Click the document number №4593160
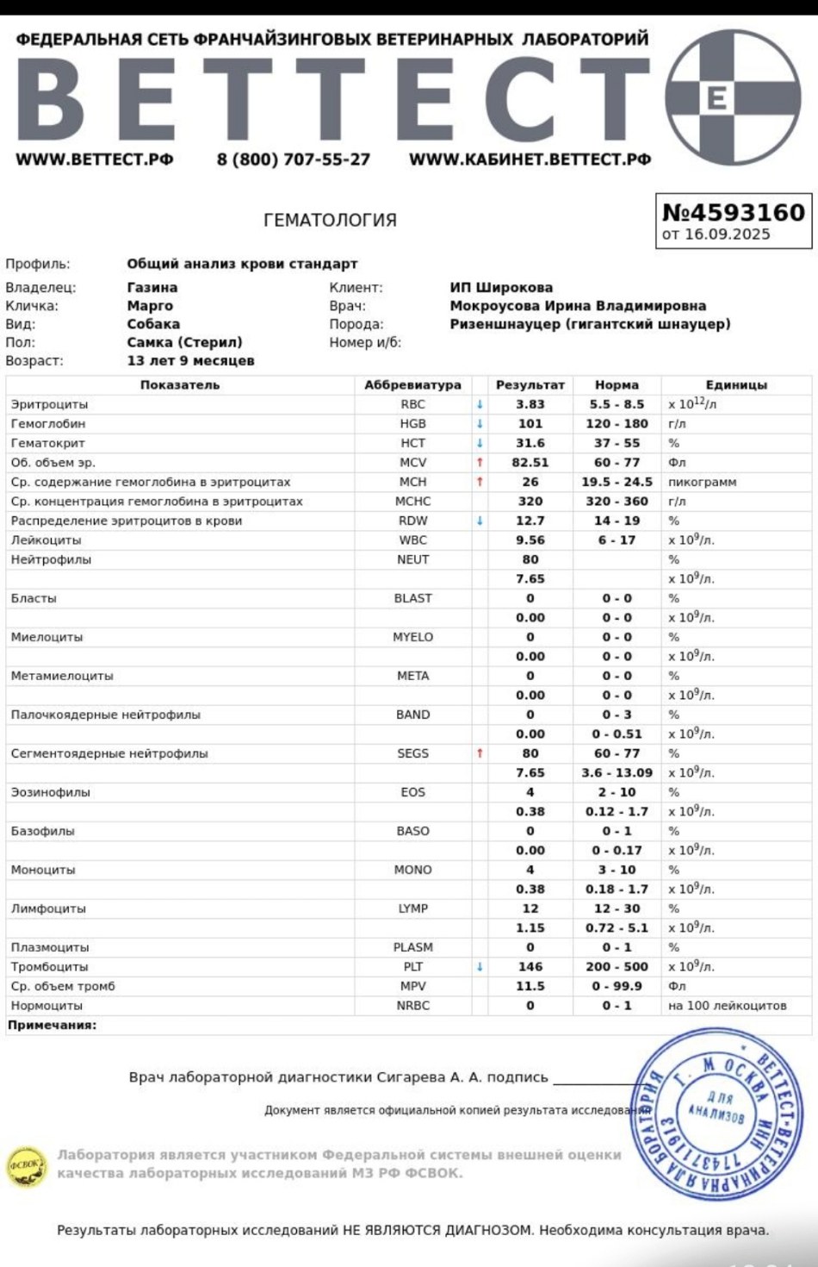pyautogui.click(x=733, y=212)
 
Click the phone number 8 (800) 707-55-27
pyautogui.click(x=294, y=159)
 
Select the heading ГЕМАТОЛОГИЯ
pyautogui.click(x=330, y=221)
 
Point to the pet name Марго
pyautogui.click(x=150, y=306)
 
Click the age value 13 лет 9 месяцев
pyautogui.click(x=190, y=361)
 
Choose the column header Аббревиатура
pyautogui.click(x=412, y=385)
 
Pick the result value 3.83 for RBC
pyautogui.click(x=530, y=404)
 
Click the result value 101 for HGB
pyautogui.click(x=530, y=424)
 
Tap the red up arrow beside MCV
pyautogui.click(x=480, y=463)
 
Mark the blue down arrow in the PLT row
pyautogui.click(x=480, y=967)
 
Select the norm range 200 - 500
pyautogui.click(x=617, y=967)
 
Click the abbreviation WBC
pyautogui.click(x=412, y=540)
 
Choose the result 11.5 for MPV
pyautogui.click(x=530, y=986)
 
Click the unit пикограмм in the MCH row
pyautogui.click(x=702, y=482)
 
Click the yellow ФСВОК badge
pyautogui.click(x=27, y=1166)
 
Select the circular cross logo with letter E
pyautogui.click(x=733, y=97)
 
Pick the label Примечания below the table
pyautogui.click(x=52, y=1026)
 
